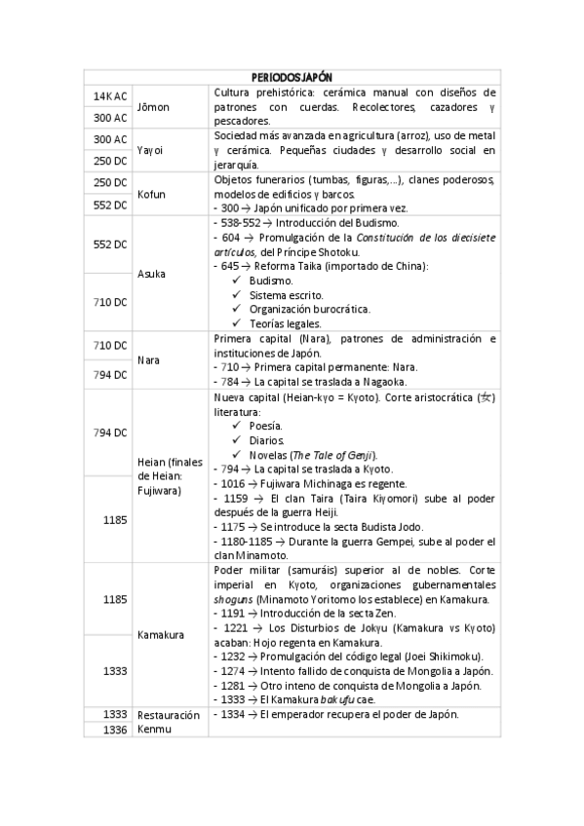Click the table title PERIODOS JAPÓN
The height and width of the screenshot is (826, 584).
(292, 76)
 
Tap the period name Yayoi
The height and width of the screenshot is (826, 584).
(148, 150)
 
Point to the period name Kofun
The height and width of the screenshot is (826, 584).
(150, 194)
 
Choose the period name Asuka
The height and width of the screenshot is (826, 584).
(151, 274)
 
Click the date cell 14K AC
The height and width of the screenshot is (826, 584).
(110, 96)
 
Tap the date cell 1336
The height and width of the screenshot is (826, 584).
(114, 729)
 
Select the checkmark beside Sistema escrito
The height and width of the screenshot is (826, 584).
(236, 294)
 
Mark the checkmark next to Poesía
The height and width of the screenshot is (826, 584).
(236, 426)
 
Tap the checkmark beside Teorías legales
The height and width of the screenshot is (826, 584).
(236, 323)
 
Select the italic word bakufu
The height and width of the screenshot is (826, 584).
(339, 699)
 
